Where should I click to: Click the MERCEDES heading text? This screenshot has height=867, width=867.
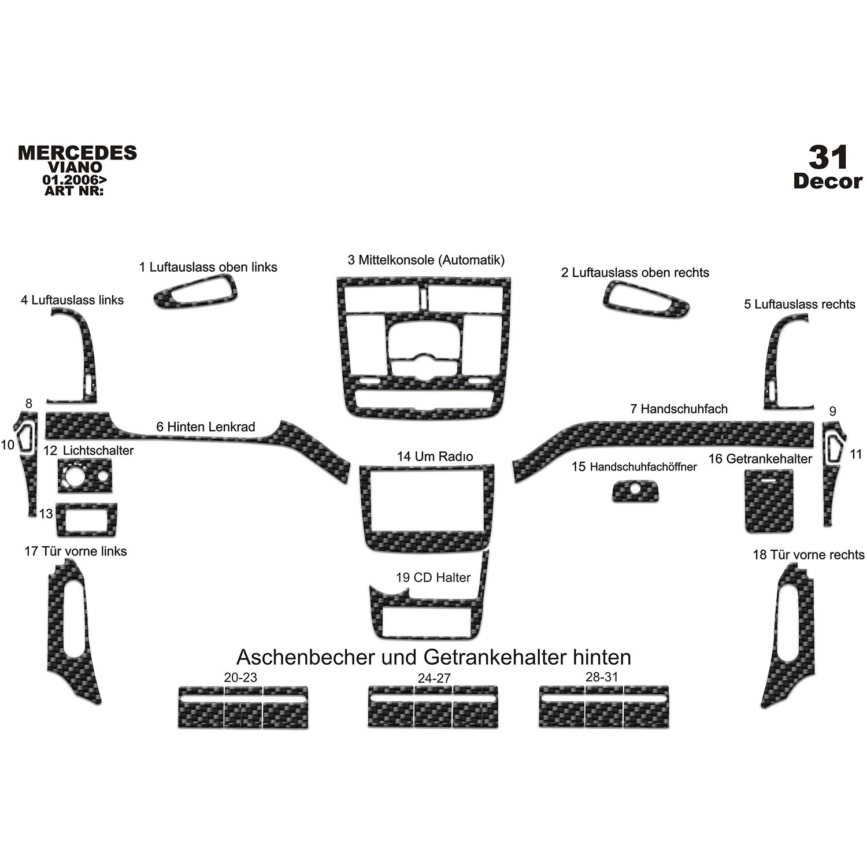pyautogui.click(x=77, y=153)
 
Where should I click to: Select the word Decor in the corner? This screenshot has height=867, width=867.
pyautogui.click(x=828, y=181)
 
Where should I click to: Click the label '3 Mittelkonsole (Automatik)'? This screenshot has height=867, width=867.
pyautogui.click(x=426, y=260)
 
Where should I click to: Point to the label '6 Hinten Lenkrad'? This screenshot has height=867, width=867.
pyautogui.click(x=205, y=427)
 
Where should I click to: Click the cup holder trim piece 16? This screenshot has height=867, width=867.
pyautogui.click(x=768, y=501)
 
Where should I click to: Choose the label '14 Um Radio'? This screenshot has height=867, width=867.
pyautogui.click(x=435, y=456)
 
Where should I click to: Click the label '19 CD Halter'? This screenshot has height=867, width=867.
pyautogui.click(x=433, y=577)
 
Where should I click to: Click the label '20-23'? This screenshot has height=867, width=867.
pyautogui.click(x=240, y=677)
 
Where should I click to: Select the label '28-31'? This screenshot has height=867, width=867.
pyautogui.click(x=602, y=676)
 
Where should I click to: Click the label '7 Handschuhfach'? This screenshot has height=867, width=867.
pyautogui.click(x=679, y=409)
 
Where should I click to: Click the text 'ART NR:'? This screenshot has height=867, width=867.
pyautogui.click(x=73, y=190)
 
